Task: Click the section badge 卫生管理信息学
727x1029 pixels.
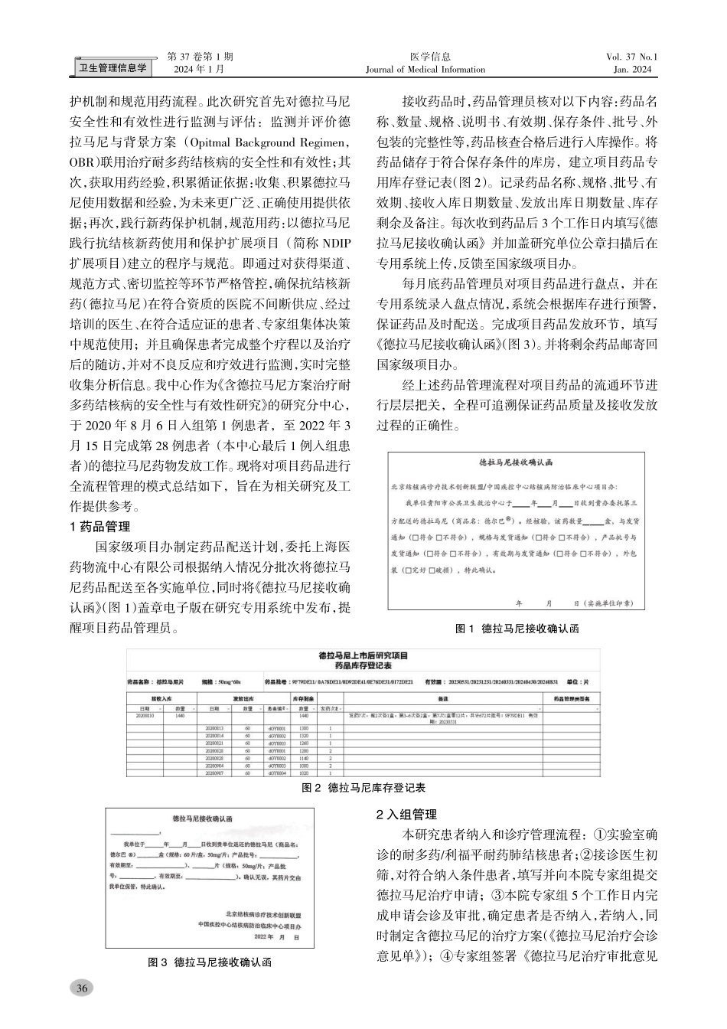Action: click(x=114, y=68)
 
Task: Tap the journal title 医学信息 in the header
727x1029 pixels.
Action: click(x=430, y=57)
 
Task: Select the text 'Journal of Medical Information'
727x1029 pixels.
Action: click(x=425, y=70)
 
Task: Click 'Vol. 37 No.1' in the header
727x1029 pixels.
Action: click(x=631, y=57)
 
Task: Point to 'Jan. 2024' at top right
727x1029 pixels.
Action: click(x=632, y=70)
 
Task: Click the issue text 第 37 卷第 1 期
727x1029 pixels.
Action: click(x=200, y=57)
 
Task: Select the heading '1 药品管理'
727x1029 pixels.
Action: click(x=100, y=526)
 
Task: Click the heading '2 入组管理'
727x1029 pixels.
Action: click(x=406, y=814)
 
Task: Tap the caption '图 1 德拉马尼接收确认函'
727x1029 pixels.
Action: click(x=517, y=629)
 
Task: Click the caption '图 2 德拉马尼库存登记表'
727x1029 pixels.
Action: click(x=363, y=787)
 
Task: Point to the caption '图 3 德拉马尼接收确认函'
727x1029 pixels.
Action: click(x=210, y=962)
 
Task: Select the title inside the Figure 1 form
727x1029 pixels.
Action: click(x=516, y=463)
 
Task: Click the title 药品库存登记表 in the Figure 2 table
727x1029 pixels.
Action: click(x=363, y=666)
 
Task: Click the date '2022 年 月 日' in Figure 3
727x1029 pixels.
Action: click(x=274, y=936)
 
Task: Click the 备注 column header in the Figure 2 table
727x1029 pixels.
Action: click(x=442, y=699)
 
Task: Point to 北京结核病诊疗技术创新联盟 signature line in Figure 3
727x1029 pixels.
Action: click(x=263, y=914)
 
